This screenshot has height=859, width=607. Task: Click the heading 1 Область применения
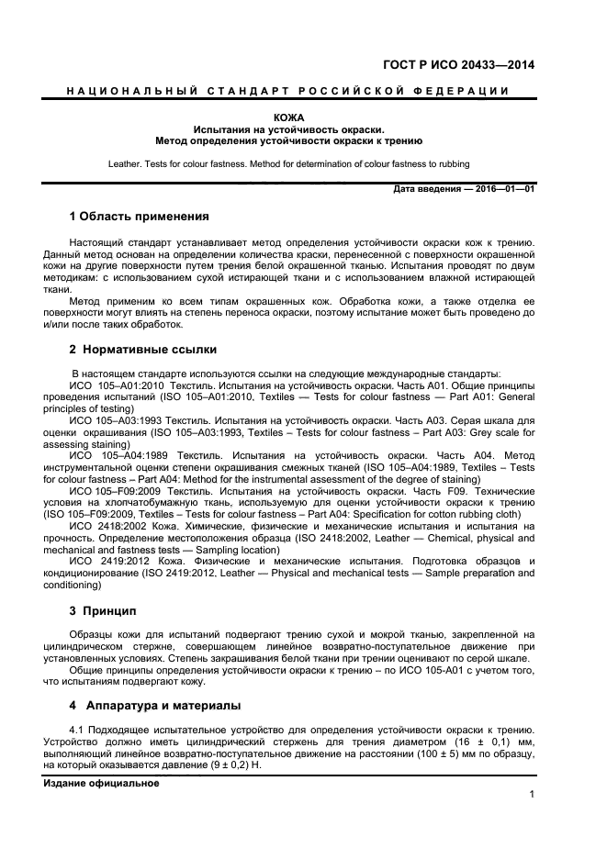pos(139,217)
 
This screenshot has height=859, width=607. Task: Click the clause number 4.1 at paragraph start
pos(78,731)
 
